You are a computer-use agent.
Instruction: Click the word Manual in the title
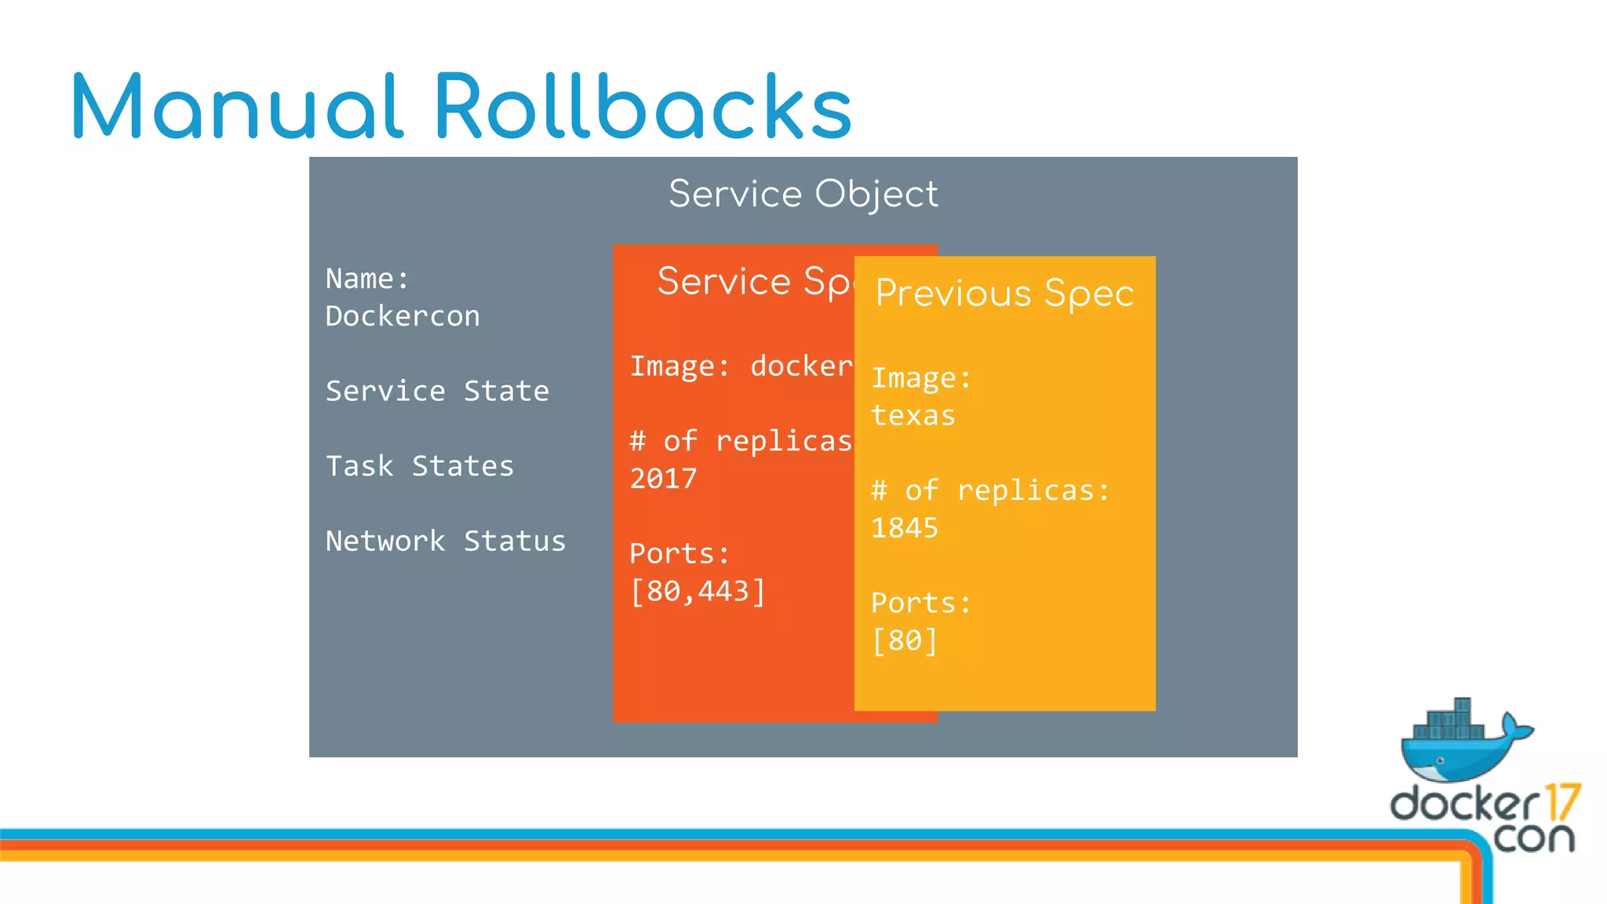coord(237,107)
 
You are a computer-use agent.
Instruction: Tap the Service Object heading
coord(803,194)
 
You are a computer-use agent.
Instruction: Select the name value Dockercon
coord(403,316)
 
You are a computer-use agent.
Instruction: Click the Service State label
coord(437,391)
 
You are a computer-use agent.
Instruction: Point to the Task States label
coord(420,466)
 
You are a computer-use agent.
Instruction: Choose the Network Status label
coord(446,541)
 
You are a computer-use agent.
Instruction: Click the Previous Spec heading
coord(1004,293)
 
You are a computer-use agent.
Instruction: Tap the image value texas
coord(913,415)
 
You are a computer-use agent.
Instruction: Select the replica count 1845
coord(905,528)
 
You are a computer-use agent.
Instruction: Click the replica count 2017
coord(664,479)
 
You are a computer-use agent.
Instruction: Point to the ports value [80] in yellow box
coord(905,641)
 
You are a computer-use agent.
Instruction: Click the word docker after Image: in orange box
coord(800,366)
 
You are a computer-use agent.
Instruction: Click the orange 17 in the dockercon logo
coord(1562,802)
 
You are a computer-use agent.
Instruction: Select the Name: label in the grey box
coord(367,279)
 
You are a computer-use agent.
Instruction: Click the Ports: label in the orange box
coord(680,554)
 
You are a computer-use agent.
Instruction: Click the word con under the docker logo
coord(1533,838)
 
